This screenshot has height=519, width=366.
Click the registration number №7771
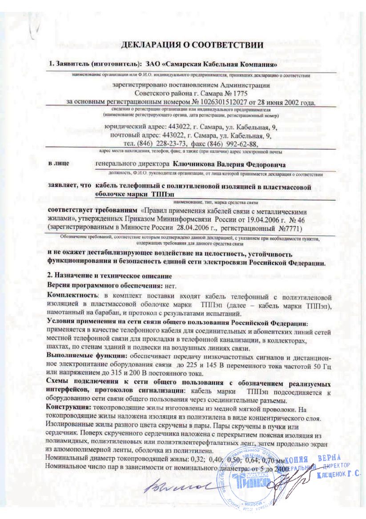tap(289, 229)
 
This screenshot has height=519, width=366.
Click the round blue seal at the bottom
tap(249, 482)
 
